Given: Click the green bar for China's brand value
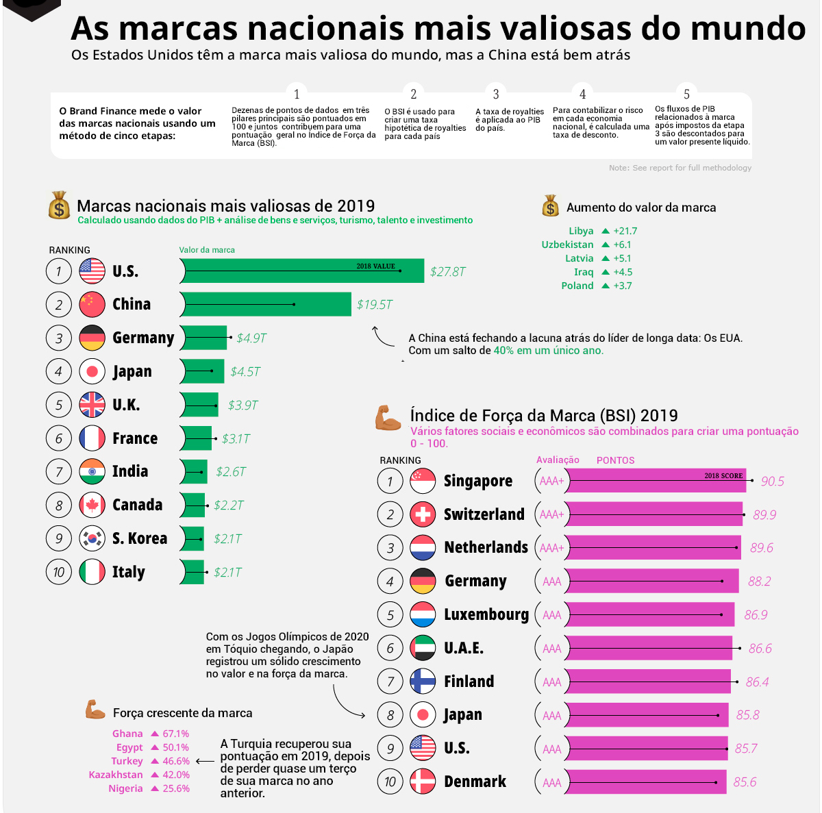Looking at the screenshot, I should coord(267,304).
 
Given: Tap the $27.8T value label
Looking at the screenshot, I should coord(447,272).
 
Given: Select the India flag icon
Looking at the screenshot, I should coord(92,472).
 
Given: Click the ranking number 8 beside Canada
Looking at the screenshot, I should coord(59,505).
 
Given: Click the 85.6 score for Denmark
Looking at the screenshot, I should coord(745,782).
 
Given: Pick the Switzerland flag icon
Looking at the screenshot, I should coord(423,514).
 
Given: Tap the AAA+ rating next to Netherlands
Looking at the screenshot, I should coord(551,548).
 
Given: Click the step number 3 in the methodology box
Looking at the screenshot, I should coord(496,95).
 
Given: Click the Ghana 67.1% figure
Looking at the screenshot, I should coord(175,734).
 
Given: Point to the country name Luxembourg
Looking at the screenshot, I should coord(486,614).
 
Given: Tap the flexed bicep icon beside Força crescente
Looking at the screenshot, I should coord(95,710).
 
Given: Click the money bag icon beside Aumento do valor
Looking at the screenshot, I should coord(550,206).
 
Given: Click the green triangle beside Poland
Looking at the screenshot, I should coord(606,286).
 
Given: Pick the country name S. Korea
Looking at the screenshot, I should coord(140,538).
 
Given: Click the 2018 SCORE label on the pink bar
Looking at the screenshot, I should coord(723,475).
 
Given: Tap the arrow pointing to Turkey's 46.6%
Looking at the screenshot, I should coord(205,761).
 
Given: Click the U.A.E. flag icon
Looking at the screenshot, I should coord(423,648).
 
